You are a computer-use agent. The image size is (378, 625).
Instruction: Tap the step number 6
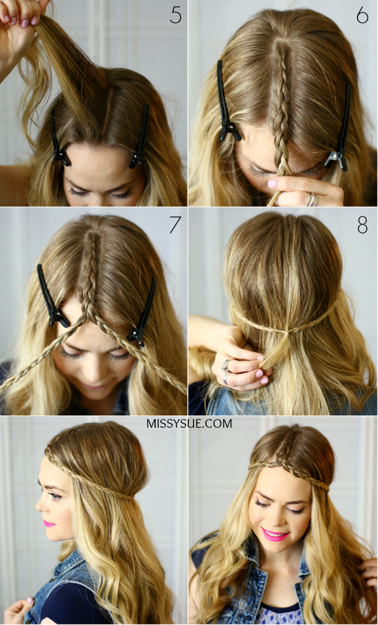362,15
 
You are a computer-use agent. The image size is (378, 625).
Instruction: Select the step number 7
175,225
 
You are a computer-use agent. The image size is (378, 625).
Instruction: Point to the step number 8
362,225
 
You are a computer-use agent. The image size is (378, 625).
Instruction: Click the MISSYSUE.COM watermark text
189,423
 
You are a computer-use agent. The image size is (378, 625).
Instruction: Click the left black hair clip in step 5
59,138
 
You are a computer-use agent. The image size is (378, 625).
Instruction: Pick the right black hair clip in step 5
140,138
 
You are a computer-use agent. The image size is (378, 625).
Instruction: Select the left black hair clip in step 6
226,102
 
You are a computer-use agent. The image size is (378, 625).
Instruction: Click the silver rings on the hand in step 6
312,200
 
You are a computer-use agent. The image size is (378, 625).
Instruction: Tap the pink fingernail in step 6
272,184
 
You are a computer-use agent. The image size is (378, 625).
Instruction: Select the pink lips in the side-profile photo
49,523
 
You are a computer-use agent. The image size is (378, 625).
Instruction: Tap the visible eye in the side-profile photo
54,496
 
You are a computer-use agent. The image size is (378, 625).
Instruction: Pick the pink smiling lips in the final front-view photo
275,534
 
